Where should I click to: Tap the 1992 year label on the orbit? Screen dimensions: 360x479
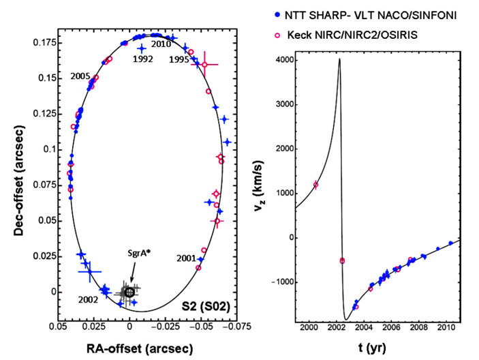pos(142,59)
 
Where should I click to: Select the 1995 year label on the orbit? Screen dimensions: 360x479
pos(179,59)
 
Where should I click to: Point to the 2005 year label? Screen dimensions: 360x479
pos(80,77)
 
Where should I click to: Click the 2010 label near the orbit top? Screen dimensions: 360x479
pos(161,44)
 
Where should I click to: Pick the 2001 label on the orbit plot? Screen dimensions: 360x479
pos(187,258)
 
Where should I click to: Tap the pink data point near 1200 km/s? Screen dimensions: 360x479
pos(315,185)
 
